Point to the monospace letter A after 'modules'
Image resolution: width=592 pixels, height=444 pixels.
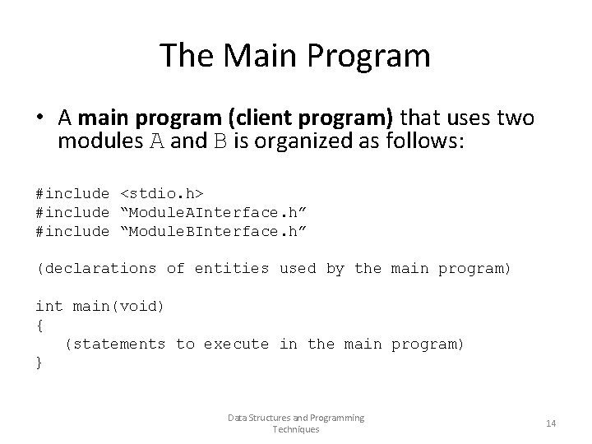click(156, 141)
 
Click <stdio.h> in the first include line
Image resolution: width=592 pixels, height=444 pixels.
click(162, 193)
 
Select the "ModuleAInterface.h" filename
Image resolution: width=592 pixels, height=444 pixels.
click(214, 212)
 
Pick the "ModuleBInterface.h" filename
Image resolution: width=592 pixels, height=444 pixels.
click(214, 231)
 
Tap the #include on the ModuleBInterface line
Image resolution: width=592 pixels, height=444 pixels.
click(72, 231)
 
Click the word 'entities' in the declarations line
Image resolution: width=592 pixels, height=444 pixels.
click(232, 269)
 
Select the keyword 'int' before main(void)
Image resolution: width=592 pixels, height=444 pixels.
click(49, 307)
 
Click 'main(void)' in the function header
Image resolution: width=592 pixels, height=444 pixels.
click(119, 307)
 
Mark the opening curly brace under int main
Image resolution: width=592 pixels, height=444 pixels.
click(39, 326)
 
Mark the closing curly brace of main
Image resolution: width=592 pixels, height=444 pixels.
click(39, 363)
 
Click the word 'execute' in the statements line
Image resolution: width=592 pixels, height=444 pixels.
click(236, 345)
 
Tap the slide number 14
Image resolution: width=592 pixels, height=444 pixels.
click(551, 423)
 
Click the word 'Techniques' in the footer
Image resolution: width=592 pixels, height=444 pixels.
click(296, 430)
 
